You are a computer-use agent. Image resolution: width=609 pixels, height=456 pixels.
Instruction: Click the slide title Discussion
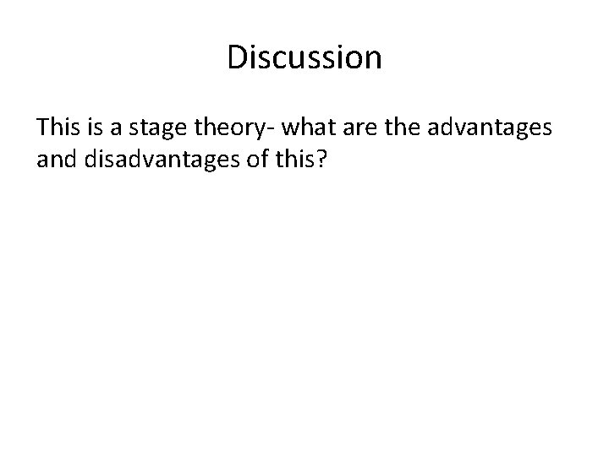click(304, 57)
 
